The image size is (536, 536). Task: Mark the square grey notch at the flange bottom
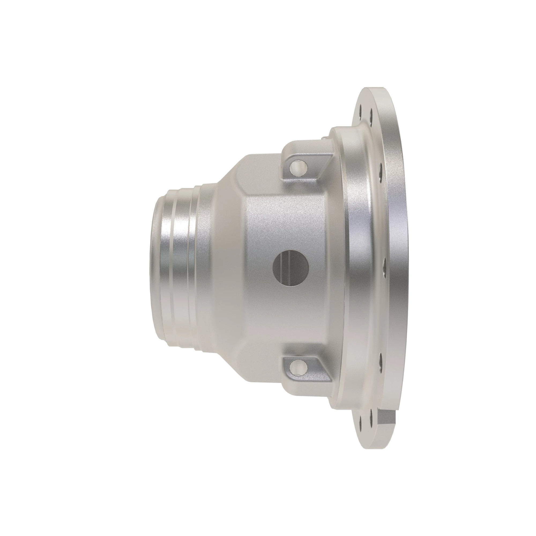click(386, 423)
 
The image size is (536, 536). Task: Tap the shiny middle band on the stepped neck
click(180, 266)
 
